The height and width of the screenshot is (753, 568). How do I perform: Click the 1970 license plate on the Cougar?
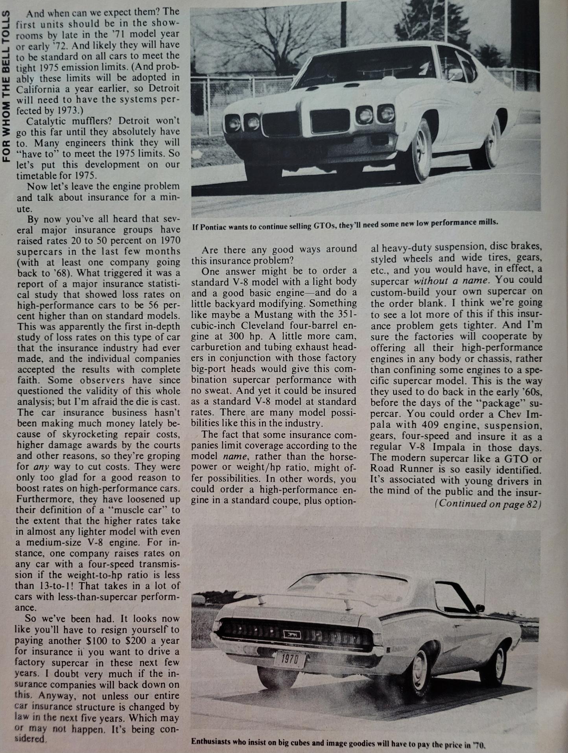tap(290, 659)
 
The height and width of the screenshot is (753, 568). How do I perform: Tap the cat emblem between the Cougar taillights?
tap(293, 634)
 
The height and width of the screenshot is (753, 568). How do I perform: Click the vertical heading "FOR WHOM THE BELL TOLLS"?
tap(7, 87)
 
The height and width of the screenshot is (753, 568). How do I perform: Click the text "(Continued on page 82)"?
tap(488, 504)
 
